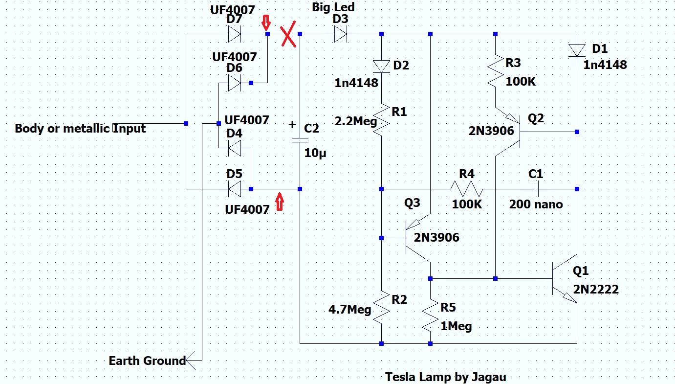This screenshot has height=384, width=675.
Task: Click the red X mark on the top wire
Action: (x=288, y=34)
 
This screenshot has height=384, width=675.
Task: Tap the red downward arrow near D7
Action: (x=266, y=23)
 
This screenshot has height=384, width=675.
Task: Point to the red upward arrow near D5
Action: (x=280, y=202)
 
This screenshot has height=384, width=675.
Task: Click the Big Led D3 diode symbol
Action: (x=341, y=34)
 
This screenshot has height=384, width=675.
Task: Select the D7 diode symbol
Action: (x=235, y=34)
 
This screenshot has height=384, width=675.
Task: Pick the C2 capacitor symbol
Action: (x=300, y=140)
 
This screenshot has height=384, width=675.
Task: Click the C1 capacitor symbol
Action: (x=536, y=189)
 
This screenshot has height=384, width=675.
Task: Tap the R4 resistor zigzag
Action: (x=467, y=189)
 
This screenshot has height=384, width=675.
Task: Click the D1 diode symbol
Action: (x=577, y=50)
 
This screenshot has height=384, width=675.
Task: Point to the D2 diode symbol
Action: (x=382, y=67)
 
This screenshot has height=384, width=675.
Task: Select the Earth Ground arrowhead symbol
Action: (x=191, y=360)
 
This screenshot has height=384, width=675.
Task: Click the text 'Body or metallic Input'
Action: (x=80, y=129)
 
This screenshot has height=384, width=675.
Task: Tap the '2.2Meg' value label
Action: (x=355, y=121)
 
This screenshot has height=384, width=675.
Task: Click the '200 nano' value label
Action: (x=536, y=204)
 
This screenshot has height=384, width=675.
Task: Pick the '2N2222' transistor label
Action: (x=596, y=289)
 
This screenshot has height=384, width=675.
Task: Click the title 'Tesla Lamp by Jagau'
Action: (x=445, y=377)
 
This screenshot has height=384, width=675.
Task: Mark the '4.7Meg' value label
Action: (x=349, y=310)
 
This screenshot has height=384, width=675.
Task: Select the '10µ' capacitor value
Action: (x=315, y=153)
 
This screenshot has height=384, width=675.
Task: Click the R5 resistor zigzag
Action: (x=430, y=316)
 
